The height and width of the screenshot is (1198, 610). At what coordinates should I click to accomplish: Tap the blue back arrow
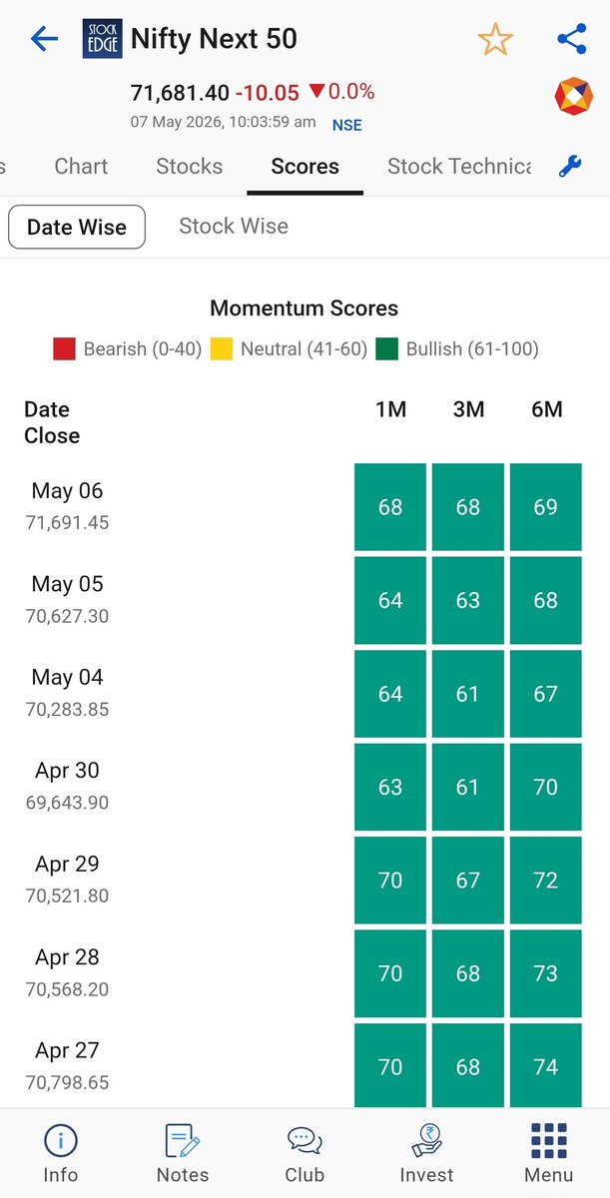44,39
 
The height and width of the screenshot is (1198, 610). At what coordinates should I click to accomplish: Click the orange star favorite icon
495,39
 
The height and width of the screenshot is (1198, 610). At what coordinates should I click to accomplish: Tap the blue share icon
572,39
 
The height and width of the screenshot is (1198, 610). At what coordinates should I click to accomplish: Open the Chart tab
81,167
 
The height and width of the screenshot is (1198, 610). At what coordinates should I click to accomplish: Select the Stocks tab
190,167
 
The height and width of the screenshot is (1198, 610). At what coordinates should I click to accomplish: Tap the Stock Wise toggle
234,227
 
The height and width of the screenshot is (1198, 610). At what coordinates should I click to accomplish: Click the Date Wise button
77,227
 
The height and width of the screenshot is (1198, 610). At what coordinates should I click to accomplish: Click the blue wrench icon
570,166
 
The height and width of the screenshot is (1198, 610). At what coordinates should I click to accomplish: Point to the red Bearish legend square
64,348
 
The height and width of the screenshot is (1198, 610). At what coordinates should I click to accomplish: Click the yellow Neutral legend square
222,348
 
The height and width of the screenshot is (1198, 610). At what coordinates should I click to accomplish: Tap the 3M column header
468,409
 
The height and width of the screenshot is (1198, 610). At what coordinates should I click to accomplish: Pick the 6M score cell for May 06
546,506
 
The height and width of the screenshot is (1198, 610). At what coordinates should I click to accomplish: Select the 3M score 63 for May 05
468,600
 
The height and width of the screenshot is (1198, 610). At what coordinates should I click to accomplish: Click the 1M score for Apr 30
390,787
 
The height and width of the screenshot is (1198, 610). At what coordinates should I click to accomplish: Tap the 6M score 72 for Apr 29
546,881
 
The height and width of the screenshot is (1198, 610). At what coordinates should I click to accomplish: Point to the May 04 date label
67,677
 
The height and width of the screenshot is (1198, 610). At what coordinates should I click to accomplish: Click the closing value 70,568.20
67,989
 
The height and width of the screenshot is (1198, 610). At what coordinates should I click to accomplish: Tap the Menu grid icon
548,1141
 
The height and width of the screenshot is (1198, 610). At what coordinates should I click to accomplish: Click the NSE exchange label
347,125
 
